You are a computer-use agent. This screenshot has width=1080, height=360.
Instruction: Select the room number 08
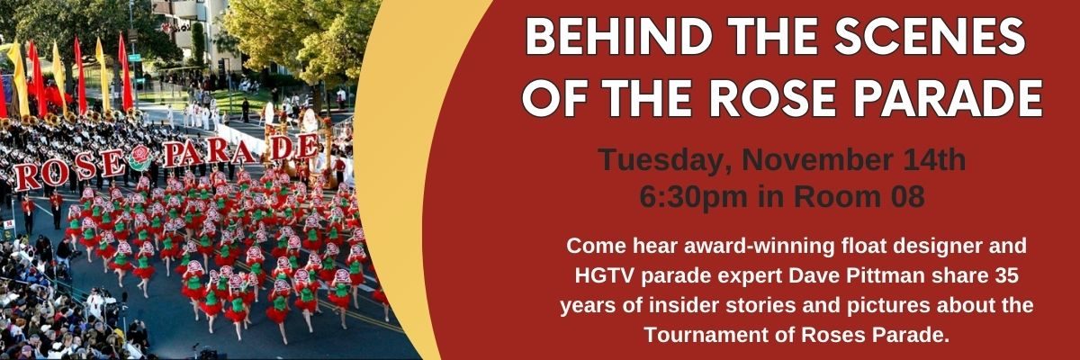(906, 196)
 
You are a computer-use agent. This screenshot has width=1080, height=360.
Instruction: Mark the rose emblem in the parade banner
(139, 157)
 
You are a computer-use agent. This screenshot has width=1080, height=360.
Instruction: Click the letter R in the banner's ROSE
(25, 177)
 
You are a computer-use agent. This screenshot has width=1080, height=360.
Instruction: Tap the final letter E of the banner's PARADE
(306, 146)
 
